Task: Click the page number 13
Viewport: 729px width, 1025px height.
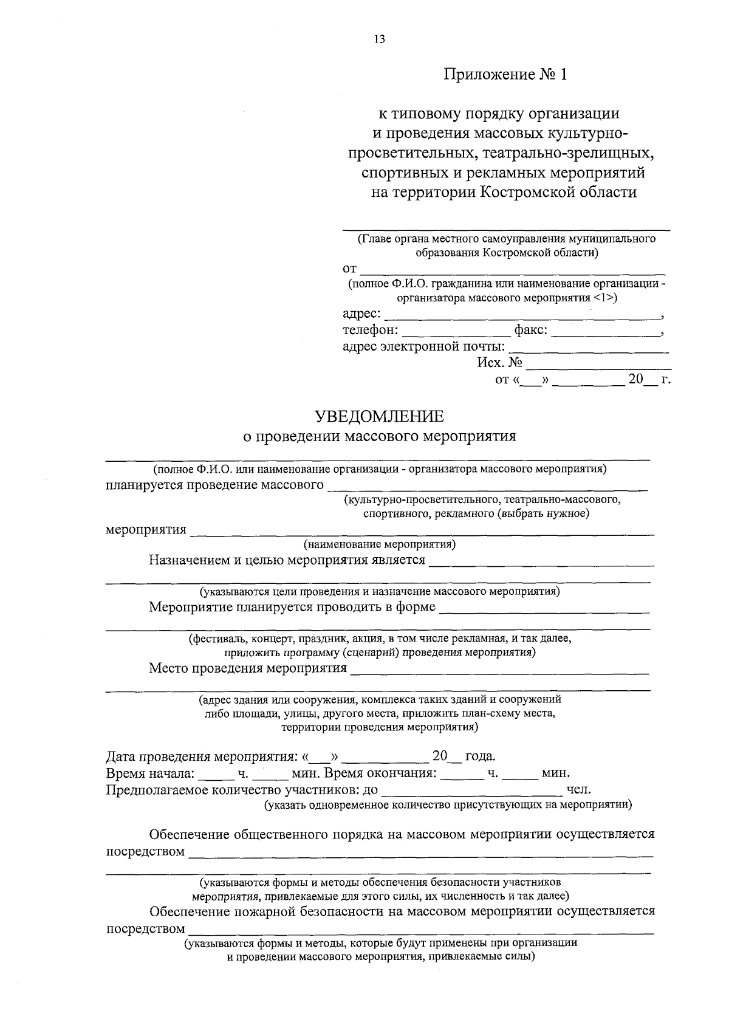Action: [x=379, y=39]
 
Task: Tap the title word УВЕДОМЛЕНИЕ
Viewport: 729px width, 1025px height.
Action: [x=379, y=417]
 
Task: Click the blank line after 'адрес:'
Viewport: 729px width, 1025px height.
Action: [x=522, y=316]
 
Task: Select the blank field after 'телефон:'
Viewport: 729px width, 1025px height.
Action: [x=456, y=332]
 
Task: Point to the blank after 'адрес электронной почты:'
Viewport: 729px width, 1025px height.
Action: [x=588, y=349]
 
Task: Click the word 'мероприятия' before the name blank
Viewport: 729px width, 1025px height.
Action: [x=146, y=529]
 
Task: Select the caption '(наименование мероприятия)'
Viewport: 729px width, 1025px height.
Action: [x=380, y=544]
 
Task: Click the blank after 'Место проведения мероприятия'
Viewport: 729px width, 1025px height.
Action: [x=499, y=671]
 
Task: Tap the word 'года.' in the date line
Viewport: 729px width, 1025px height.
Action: [x=480, y=757]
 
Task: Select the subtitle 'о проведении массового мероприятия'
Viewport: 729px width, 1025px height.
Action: [x=379, y=436]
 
